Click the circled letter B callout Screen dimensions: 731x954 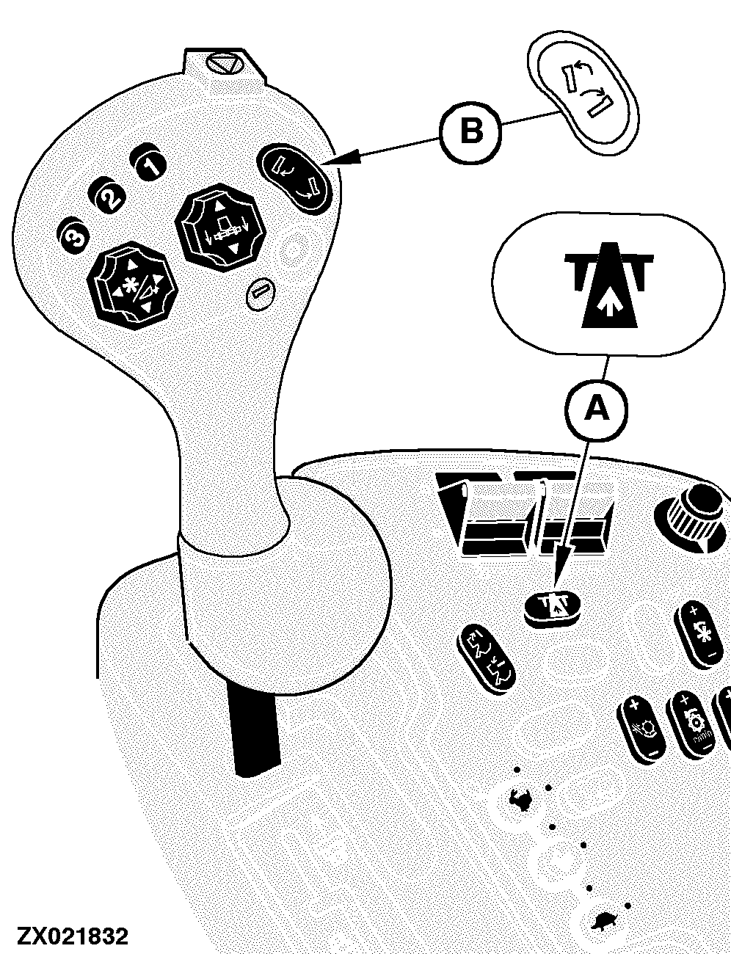[470, 131]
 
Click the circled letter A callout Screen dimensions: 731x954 [596, 410]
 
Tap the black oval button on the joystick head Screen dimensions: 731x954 [294, 179]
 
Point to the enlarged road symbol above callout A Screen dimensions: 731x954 [608, 283]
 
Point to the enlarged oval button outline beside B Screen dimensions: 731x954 [583, 93]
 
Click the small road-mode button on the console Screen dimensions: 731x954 [552, 608]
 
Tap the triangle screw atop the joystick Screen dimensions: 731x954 [225, 65]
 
